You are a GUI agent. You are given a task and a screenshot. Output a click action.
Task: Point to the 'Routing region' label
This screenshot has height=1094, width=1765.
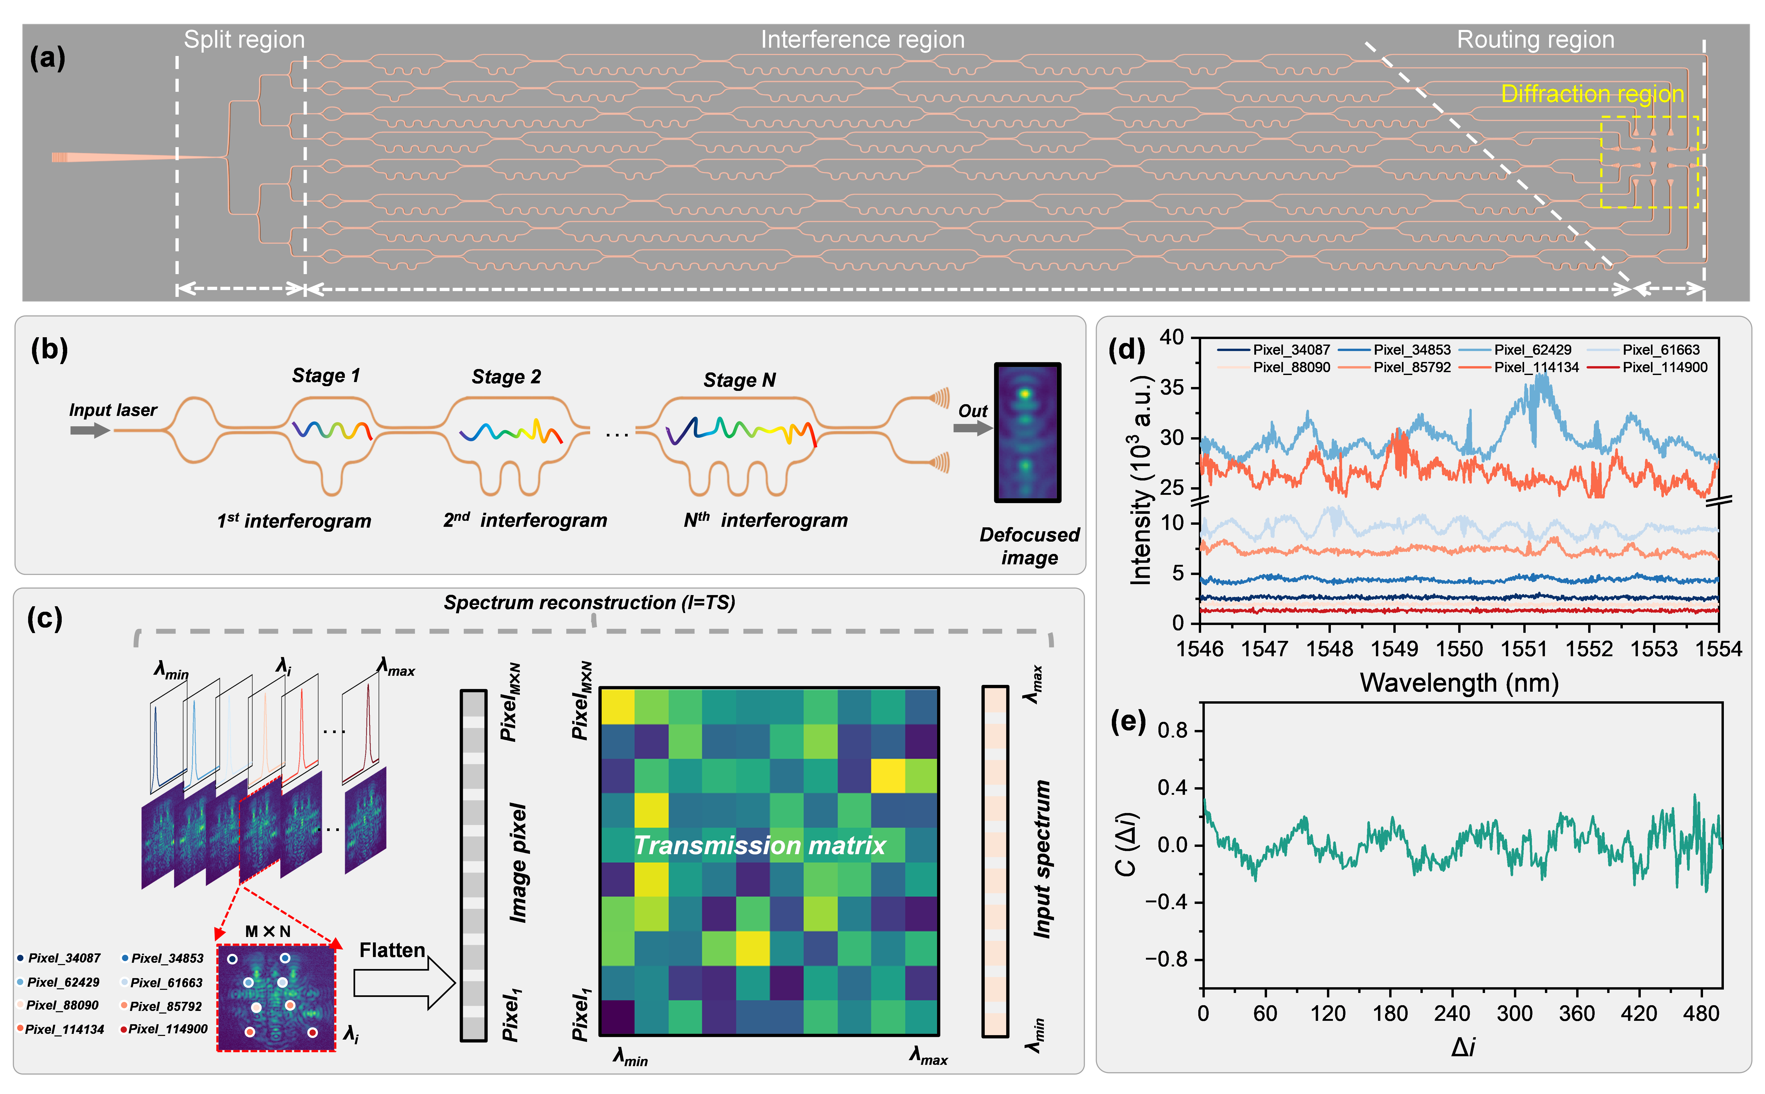tap(1535, 40)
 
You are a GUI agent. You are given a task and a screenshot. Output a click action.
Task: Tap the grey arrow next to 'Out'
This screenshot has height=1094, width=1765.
tap(972, 428)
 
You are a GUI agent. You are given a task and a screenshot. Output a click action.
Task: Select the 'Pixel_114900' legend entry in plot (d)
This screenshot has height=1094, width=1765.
tap(1664, 367)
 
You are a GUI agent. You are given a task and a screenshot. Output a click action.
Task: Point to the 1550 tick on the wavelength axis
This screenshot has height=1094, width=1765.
tap(1459, 649)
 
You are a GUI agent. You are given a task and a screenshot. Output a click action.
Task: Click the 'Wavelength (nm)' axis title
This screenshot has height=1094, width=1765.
tap(1459, 683)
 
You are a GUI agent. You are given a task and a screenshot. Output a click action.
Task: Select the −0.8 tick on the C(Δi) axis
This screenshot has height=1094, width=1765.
tap(1166, 959)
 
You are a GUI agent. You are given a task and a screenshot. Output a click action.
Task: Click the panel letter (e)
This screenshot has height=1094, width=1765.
tap(1127, 722)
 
